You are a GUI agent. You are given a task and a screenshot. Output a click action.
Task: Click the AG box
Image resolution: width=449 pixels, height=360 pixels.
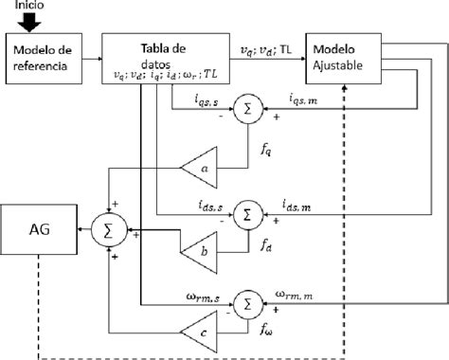[40, 230]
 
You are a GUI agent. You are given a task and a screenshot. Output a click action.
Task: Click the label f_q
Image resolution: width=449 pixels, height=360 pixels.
[267, 150]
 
